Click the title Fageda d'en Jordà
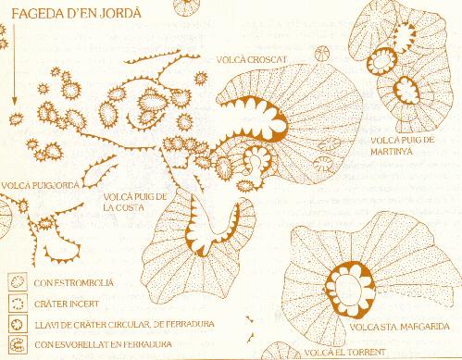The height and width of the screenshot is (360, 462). click(x=77, y=14)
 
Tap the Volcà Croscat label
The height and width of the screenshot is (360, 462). click(x=252, y=59)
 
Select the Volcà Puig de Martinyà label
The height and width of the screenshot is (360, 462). click(x=402, y=145)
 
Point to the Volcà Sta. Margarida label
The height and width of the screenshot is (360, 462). click(x=399, y=327)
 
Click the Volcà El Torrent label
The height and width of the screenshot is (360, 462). click(x=344, y=352)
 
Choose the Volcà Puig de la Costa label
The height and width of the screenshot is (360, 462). click(x=135, y=202)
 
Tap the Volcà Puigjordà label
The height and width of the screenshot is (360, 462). click(x=40, y=185)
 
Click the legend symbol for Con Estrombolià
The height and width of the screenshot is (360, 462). click(x=18, y=281)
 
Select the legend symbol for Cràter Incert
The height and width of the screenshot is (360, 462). click(x=18, y=303)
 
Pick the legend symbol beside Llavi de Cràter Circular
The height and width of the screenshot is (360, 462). click(x=18, y=324)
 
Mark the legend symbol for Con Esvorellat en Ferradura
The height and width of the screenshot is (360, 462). click(x=18, y=344)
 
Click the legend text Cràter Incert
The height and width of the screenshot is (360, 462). click(x=67, y=304)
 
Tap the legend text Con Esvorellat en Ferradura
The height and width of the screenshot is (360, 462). click(x=103, y=344)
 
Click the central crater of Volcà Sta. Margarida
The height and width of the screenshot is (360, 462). click(x=351, y=290)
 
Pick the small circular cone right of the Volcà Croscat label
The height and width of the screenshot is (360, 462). click(x=322, y=54)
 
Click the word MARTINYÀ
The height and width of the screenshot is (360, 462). click(x=392, y=151)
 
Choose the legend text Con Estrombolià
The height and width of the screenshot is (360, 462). click(x=73, y=283)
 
